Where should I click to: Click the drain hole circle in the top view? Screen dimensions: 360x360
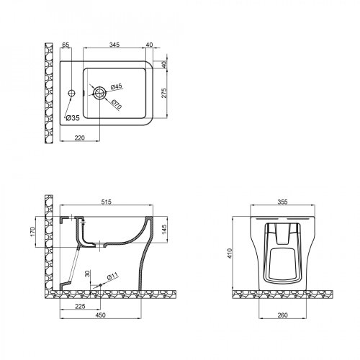99,91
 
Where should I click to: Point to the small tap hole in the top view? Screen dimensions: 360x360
73,92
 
